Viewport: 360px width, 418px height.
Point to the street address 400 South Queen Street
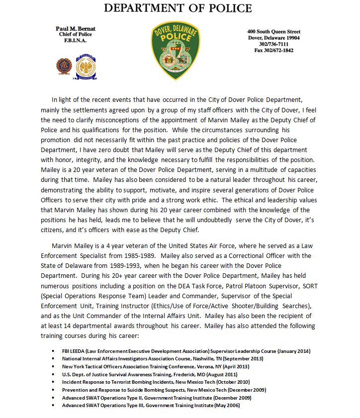click(x=273, y=32)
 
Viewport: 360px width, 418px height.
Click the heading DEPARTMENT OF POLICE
click(x=178, y=8)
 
